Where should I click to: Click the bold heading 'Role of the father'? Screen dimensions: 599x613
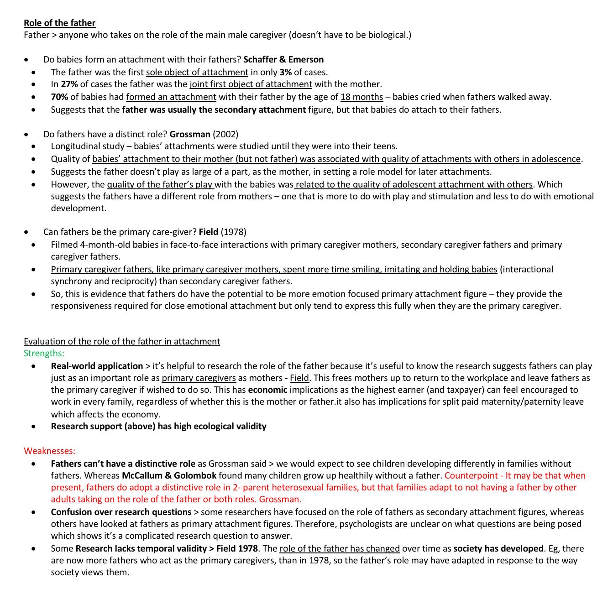coord(59,23)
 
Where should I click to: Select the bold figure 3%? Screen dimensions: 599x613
coord(285,72)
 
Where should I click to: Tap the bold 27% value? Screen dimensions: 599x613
coord(69,84)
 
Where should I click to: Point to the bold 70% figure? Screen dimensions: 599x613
coord(59,97)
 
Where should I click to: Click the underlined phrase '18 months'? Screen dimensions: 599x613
coord(362,97)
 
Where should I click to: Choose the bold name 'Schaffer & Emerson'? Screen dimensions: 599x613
coord(283,59)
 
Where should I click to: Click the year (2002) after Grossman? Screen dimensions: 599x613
coord(225,134)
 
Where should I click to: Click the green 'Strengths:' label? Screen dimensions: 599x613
coord(44,353)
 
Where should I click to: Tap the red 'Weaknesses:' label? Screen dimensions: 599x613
coord(49,451)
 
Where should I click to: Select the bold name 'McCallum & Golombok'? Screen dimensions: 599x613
coord(169,475)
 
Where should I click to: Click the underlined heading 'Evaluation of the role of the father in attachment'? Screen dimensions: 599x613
coord(122,341)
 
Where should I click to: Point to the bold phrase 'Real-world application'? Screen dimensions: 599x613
coord(97,366)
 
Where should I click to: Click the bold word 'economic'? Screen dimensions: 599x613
coord(267,390)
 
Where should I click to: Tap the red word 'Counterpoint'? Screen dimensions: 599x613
coord(471,475)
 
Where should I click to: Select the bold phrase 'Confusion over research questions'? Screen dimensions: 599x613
coord(121,512)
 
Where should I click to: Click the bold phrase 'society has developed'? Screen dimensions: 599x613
coord(498,548)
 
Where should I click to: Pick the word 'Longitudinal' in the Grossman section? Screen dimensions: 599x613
coord(76,146)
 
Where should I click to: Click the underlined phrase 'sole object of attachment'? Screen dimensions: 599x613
coord(197,72)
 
